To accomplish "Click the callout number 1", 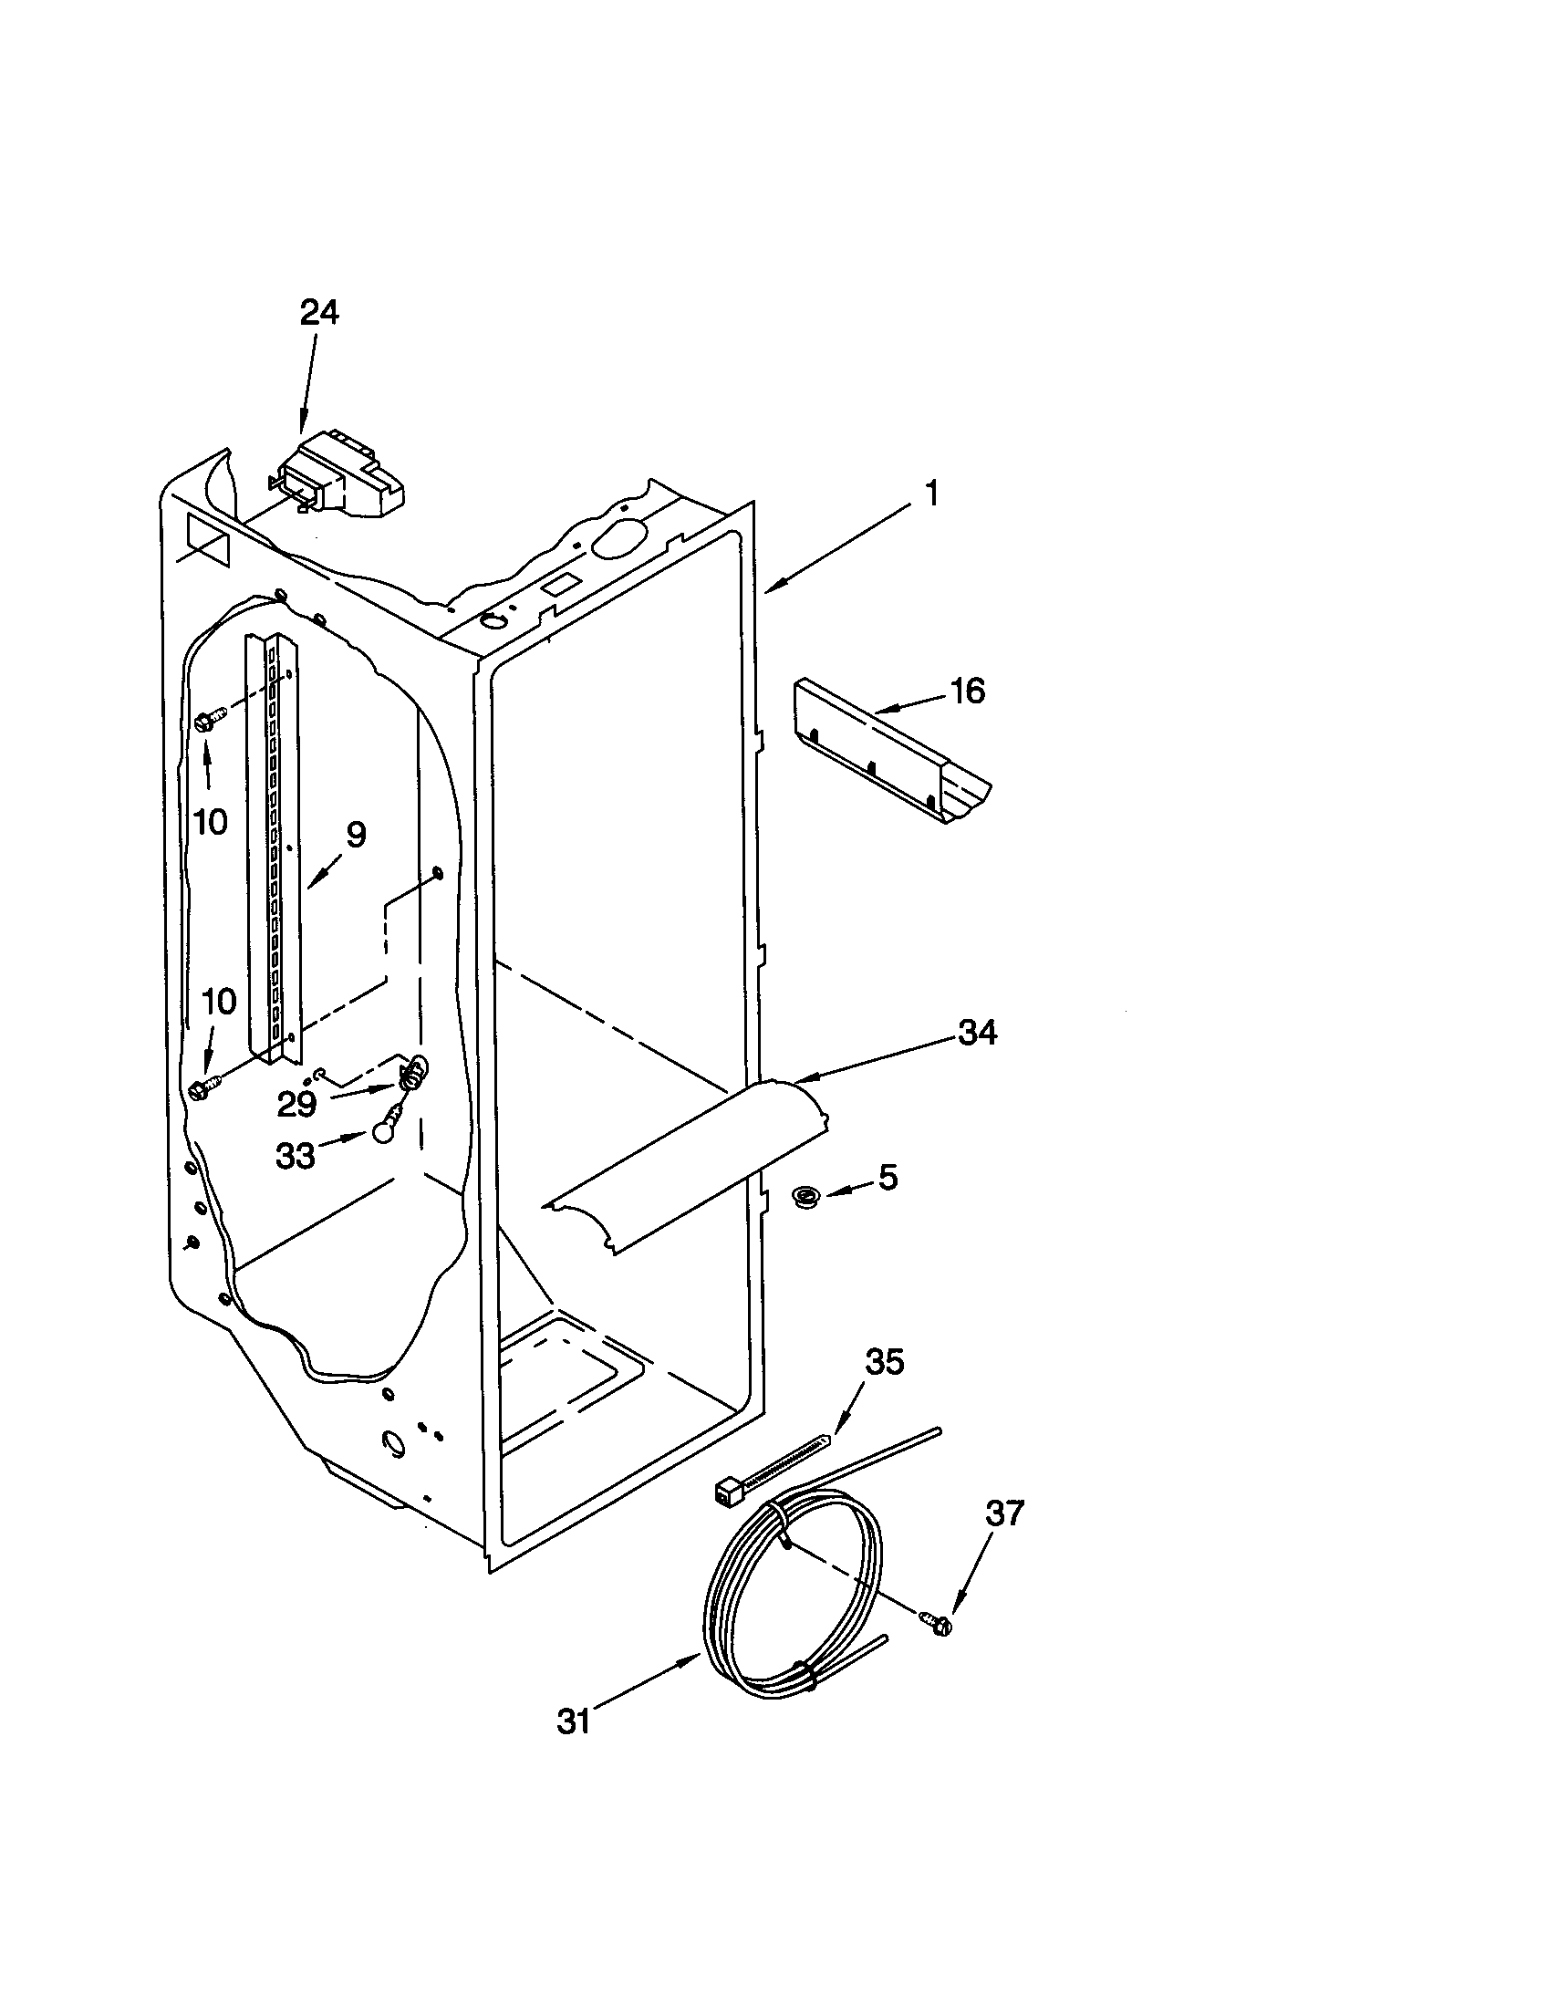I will tap(931, 494).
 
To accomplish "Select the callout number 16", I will tap(966, 691).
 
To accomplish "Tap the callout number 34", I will tap(978, 1033).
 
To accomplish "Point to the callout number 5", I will tap(887, 1176).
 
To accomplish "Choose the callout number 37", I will tap(1003, 1513).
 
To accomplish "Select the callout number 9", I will tap(356, 835).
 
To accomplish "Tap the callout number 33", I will tap(296, 1156).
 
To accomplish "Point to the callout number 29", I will tap(296, 1104).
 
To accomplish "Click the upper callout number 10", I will tap(211, 822).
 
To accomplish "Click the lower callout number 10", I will tap(220, 1002).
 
